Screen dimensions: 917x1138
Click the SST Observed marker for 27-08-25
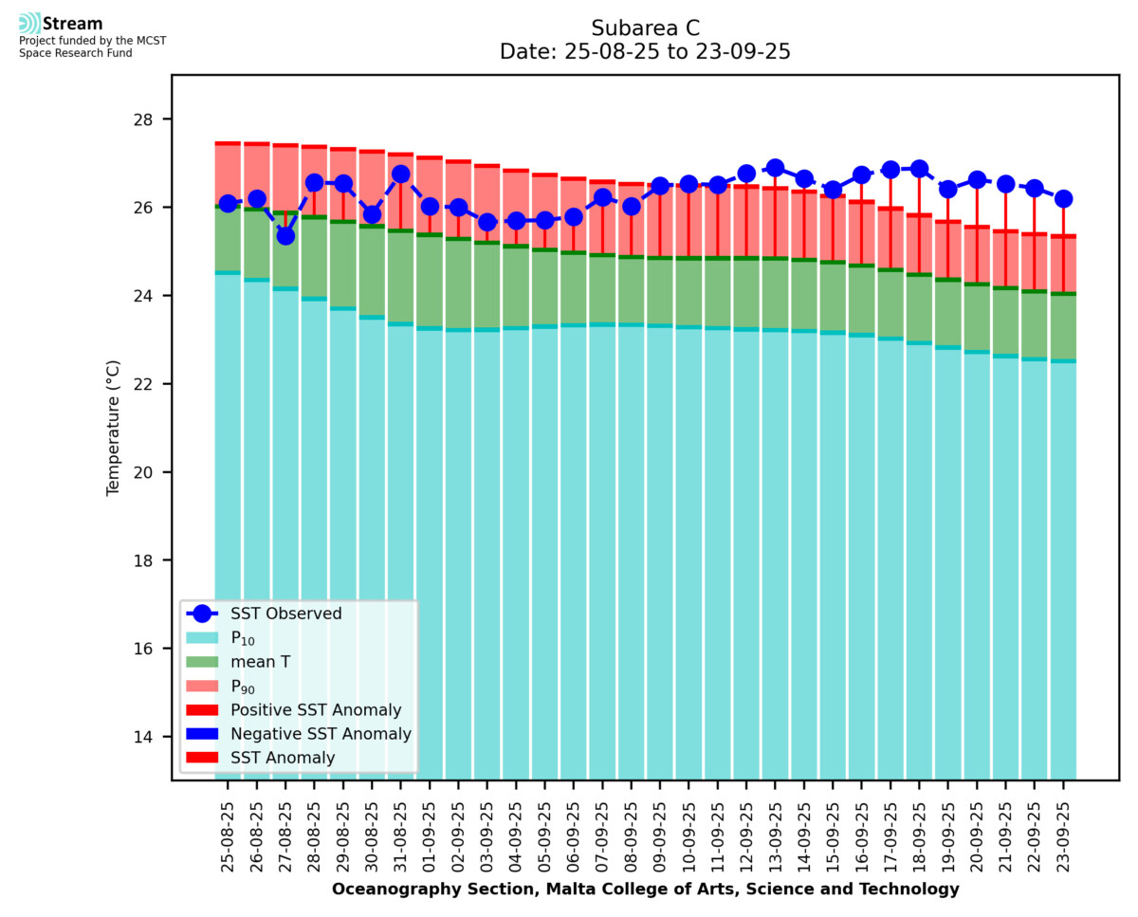(285, 235)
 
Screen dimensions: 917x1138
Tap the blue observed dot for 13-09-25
(775, 168)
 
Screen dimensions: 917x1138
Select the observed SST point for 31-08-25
(400, 174)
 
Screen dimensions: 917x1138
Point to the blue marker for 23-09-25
(1063, 198)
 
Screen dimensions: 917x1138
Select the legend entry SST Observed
(285, 614)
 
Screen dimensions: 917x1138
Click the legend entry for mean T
(260, 662)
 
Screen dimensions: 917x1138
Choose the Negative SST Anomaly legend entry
(321, 734)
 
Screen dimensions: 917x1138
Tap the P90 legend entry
(245, 687)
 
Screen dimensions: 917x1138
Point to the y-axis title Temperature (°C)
(114, 427)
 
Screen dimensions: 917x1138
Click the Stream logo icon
(29, 23)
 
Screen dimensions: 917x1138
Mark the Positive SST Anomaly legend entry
(316, 710)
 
